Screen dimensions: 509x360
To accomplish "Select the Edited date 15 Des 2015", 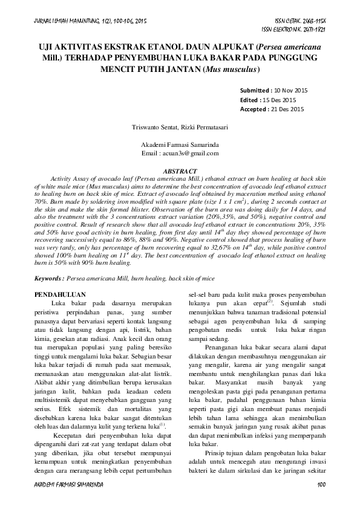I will coord(279,100).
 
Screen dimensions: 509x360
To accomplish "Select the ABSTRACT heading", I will coord(180,172).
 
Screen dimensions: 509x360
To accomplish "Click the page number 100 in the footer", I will coord(322,485).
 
